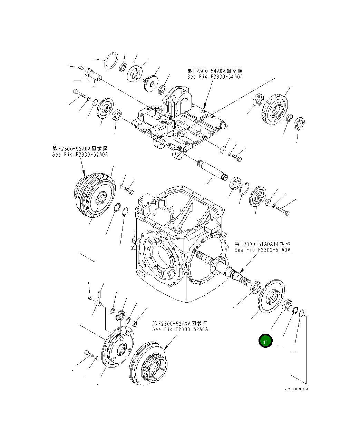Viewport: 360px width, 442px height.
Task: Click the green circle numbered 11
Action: (265, 342)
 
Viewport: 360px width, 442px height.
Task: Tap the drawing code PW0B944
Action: (296, 389)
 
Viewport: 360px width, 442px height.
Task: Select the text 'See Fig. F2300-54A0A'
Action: (215, 77)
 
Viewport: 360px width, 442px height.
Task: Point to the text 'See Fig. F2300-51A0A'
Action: (262, 249)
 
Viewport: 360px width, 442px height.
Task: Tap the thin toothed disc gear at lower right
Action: (272, 295)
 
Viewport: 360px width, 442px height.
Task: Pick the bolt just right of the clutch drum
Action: (130, 190)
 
